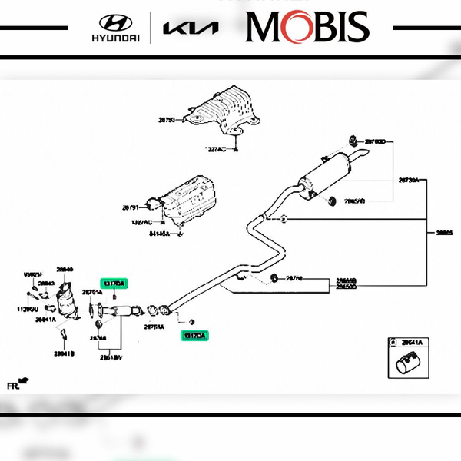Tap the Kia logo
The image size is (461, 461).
tap(191, 28)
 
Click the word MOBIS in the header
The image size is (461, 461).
tap(307, 27)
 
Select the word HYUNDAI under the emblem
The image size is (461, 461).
tap(115, 38)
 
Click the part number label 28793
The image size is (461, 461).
tap(167, 120)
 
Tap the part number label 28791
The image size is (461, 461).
tap(130, 207)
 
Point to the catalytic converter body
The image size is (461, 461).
tap(71, 303)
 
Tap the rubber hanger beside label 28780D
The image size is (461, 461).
tap(352, 141)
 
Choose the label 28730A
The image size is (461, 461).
tap(407, 181)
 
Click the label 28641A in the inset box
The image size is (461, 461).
tap(411, 342)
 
